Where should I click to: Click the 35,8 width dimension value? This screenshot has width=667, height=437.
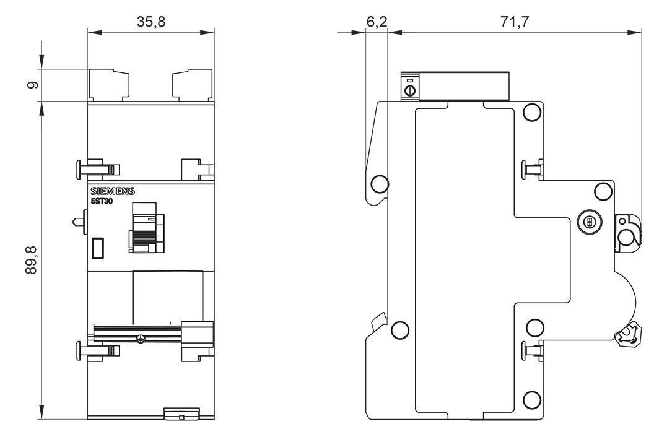point(151,21)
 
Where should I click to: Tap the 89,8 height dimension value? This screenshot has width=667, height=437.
point(32,260)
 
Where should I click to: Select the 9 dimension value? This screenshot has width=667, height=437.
point(32,85)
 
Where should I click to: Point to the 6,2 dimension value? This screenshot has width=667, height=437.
point(377,21)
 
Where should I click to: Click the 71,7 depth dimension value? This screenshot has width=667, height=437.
point(515,21)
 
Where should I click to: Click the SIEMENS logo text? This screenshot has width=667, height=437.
point(113,191)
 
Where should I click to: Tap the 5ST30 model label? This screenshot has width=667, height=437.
point(102,202)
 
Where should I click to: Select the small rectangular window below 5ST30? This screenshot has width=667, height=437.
point(98,248)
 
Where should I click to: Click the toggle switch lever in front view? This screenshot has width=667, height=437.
point(146,228)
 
